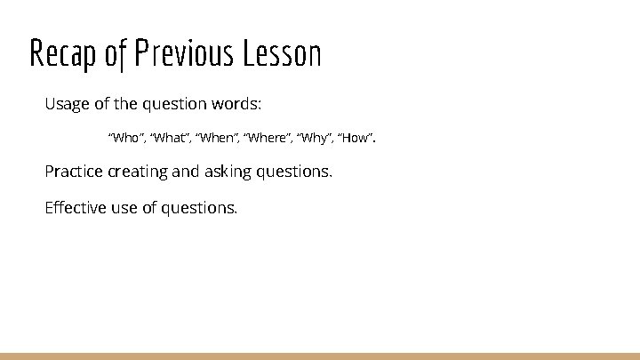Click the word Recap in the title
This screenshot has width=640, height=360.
[x=63, y=55]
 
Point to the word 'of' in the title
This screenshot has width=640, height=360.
[x=116, y=54]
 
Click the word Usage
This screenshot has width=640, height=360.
[x=67, y=104]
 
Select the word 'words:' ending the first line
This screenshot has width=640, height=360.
[x=237, y=104]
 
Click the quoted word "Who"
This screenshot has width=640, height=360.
[x=124, y=139]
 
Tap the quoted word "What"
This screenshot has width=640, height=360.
[x=169, y=139]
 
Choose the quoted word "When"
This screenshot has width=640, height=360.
[x=216, y=139]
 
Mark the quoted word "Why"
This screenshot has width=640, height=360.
[x=314, y=139]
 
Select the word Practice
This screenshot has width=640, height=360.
[x=74, y=171]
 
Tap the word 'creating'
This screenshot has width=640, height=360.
[x=138, y=171]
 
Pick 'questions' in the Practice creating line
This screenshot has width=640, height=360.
[x=293, y=171]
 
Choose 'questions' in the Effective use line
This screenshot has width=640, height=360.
[x=199, y=208]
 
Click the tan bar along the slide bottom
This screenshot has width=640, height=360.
[x=320, y=356]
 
